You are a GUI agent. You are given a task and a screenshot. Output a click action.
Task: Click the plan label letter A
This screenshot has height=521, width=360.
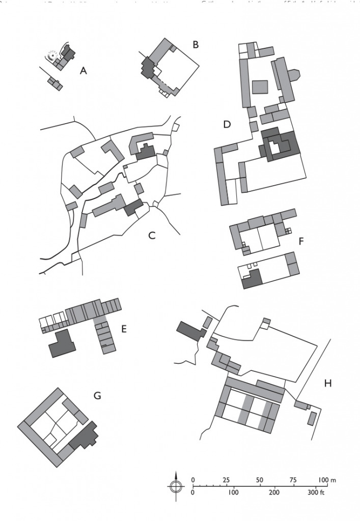(x=84, y=71)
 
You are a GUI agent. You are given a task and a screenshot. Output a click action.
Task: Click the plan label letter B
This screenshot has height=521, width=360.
(x=196, y=45)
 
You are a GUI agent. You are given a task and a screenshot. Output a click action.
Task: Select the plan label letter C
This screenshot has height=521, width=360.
(x=151, y=235)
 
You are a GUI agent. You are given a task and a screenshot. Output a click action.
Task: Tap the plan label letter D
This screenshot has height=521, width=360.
(x=227, y=124)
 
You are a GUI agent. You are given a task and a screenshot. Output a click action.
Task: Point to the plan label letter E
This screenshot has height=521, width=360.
(x=124, y=328)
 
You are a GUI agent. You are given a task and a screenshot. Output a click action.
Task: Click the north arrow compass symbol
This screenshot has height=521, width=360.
(x=175, y=486)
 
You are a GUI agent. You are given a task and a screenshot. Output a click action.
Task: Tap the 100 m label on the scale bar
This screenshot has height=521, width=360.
(x=326, y=480)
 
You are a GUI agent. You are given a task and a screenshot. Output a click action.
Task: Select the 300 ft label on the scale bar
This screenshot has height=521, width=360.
(x=316, y=493)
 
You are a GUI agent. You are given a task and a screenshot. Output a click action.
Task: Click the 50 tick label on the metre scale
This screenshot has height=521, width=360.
(x=260, y=480)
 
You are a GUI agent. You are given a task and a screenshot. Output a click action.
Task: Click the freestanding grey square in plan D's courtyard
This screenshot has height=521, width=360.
(x=260, y=86)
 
